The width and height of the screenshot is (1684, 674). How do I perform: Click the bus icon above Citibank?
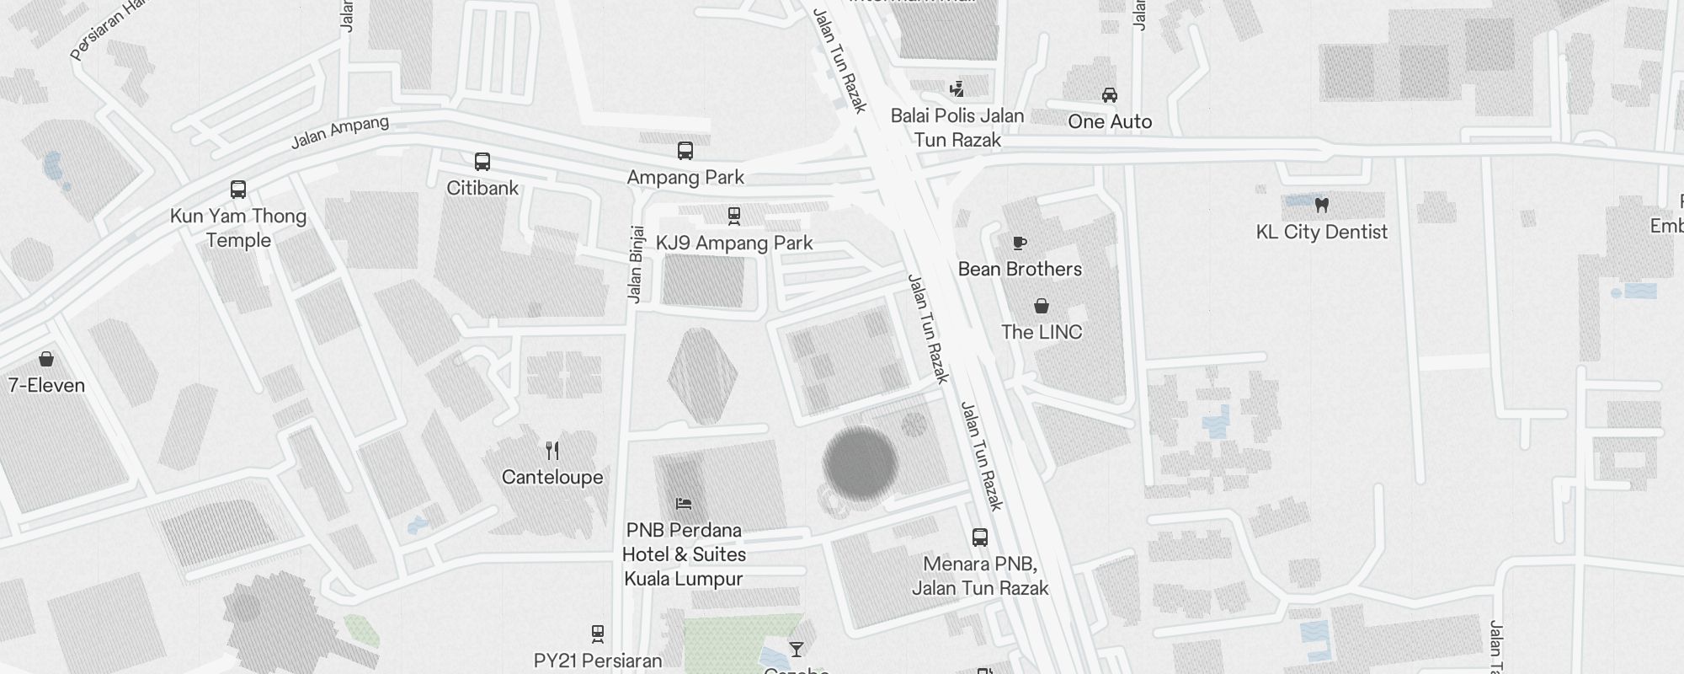(x=482, y=161)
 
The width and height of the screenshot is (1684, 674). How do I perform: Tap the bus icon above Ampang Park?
(x=685, y=151)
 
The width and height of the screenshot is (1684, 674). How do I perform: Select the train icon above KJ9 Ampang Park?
(x=734, y=217)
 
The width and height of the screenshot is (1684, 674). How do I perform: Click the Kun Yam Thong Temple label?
(x=238, y=227)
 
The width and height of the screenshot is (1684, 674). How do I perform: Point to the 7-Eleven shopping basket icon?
(x=46, y=360)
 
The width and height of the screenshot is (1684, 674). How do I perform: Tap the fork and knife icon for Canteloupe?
(x=552, y=451)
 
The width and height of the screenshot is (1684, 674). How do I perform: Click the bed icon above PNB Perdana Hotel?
(x=684, y=504)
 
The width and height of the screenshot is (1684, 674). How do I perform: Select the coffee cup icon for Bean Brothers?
(x=1020, y=243)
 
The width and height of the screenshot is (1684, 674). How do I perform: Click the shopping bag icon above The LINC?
(x=1042, y=306)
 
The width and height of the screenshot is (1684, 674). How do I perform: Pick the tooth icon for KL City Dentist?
(x=1321, y=205)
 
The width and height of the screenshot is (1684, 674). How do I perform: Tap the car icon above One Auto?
(x=1110, y=95)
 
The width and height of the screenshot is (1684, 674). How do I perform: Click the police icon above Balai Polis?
(x=957, y=89)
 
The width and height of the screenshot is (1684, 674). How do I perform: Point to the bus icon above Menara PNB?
(x=980, y=538)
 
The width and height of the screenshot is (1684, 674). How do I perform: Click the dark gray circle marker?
(x=860, y=463)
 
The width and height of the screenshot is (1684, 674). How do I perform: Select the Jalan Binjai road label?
(x=636, y=264)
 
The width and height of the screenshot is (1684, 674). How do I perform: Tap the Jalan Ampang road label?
(x=340, y=132)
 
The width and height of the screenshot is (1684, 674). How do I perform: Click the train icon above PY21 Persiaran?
(x=598, y=634)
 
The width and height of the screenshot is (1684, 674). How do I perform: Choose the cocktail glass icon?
(x=796, y=649)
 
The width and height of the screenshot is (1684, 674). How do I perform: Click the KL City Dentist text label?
(x=1321, y=232)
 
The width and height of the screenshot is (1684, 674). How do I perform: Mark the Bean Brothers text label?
(x=1020, y=269)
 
